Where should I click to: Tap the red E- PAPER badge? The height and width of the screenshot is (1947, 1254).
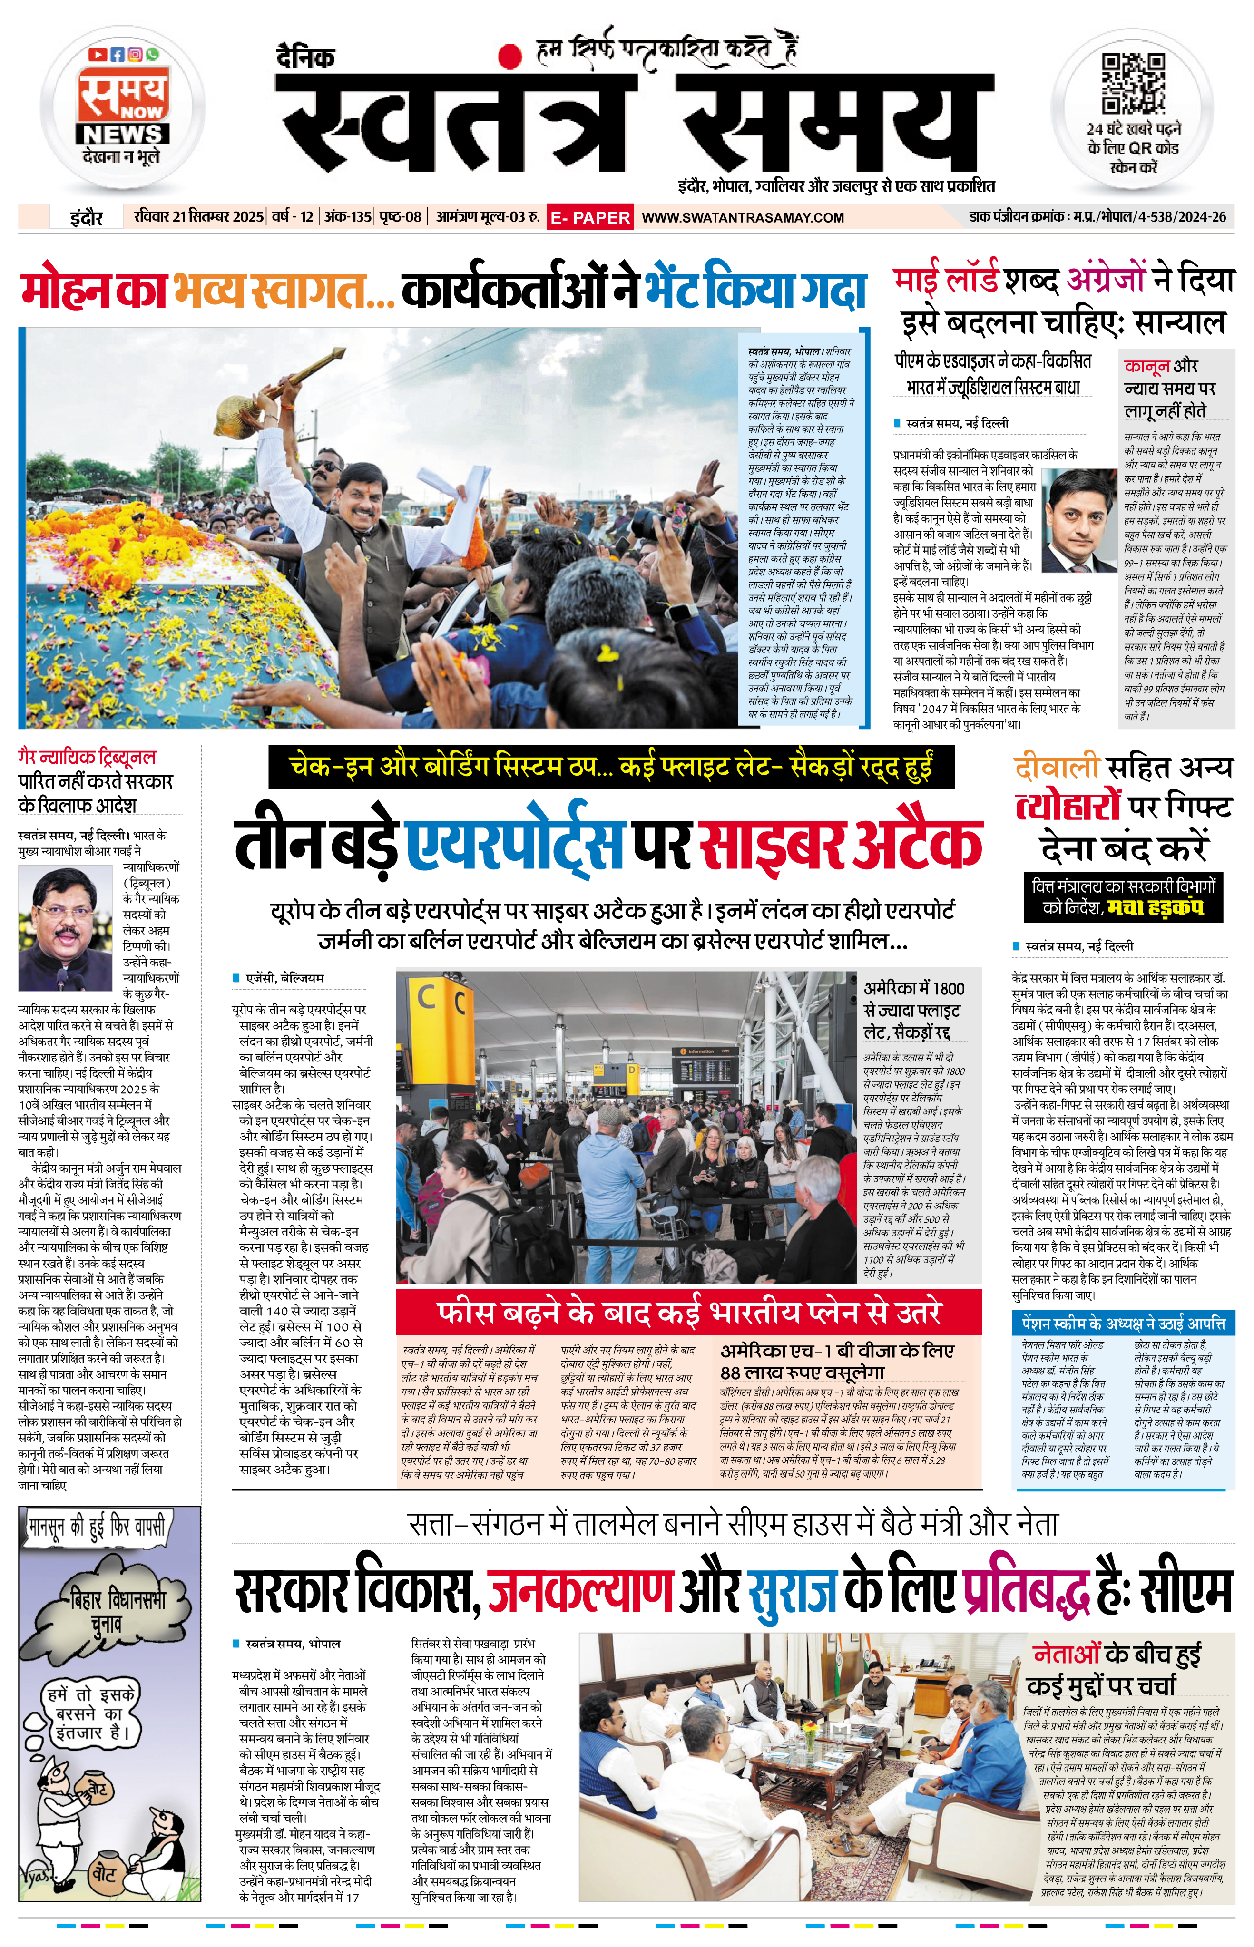tap(590, 217)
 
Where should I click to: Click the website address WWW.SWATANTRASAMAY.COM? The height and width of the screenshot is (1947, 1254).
tap(743, 217)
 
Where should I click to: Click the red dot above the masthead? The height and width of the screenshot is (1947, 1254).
tap(510, 55)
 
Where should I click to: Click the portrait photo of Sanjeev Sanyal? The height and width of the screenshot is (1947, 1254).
tap(1080, 520)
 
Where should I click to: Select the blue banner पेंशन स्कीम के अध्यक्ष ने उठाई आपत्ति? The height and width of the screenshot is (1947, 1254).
tap(1123, 1322)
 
